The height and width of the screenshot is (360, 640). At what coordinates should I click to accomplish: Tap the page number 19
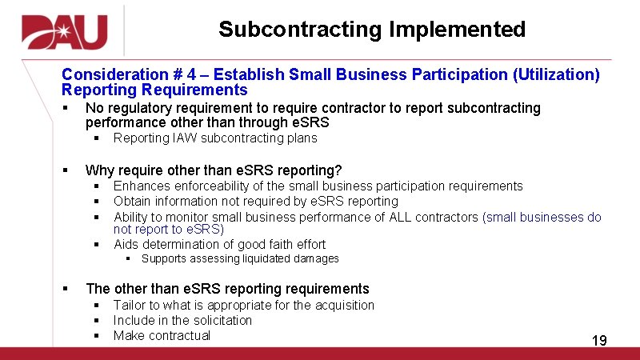click(x=599, y=342)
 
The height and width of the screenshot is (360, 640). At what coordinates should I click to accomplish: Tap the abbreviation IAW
click(x=183, y=138)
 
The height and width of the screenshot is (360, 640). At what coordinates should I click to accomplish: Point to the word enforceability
click(x=210, y=186)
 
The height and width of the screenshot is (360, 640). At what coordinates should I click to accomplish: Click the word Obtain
click(x=132, y=202)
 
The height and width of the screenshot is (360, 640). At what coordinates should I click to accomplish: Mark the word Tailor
click(x=129, y=305)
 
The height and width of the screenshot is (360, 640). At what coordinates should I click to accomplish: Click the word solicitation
click(x=221, y=320)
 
